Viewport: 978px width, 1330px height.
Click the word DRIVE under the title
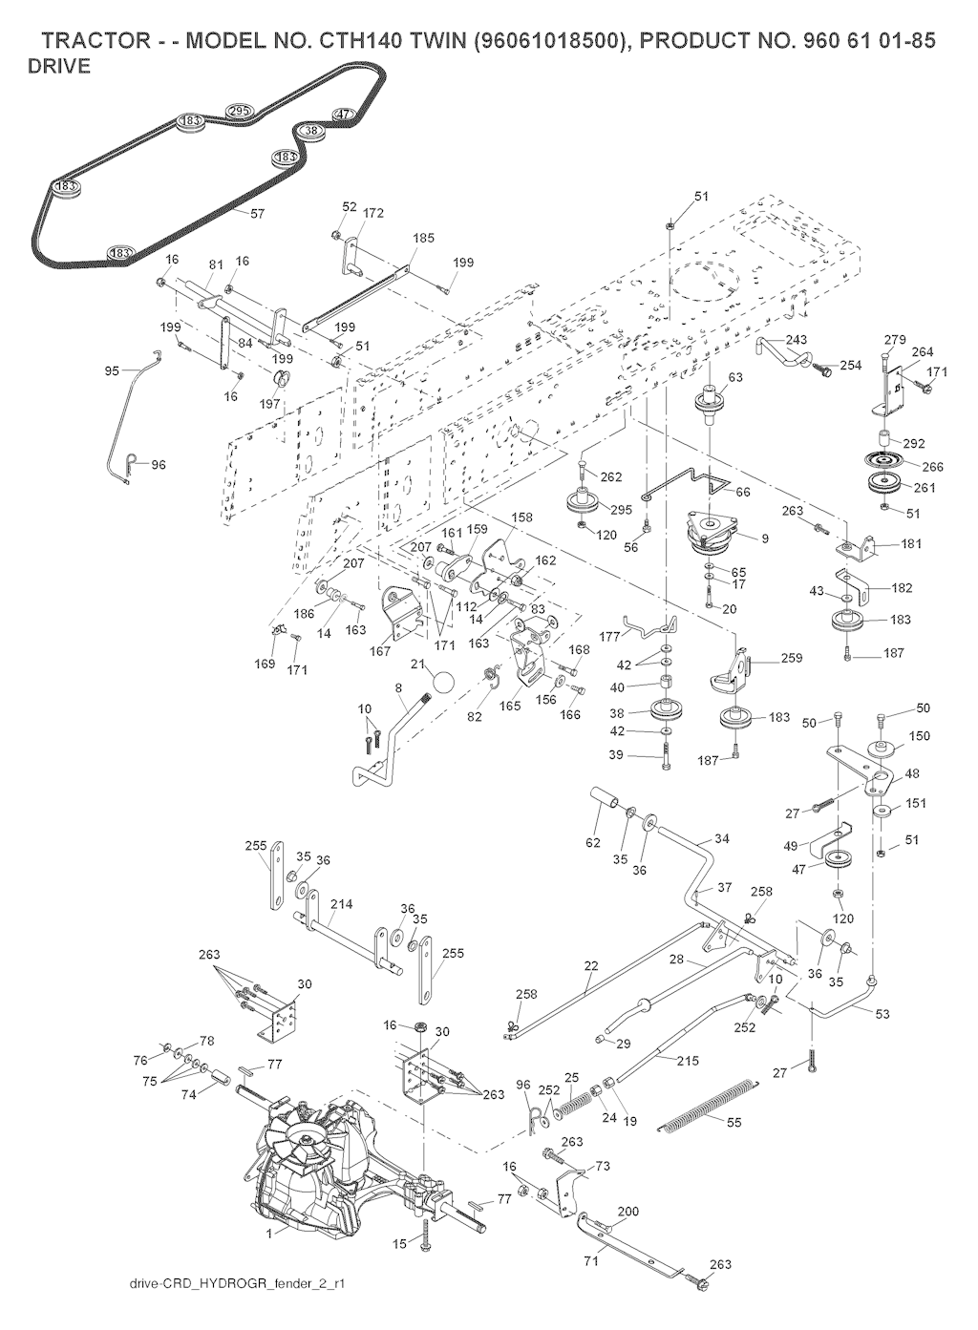pos(59,67)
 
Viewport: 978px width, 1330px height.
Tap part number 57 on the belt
pos(257,214)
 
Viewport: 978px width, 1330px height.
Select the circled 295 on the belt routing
pos(240,112)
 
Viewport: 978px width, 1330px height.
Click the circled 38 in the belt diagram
pos(310,131)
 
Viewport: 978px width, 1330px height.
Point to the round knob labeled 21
pos(442,684)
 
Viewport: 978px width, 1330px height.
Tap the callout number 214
pos(341,903)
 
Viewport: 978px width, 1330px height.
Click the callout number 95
pos(112,370)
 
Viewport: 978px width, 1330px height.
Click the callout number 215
pos(688,1061)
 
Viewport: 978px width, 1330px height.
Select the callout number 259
pos(791,658)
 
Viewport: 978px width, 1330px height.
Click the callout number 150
pos(919,736)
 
